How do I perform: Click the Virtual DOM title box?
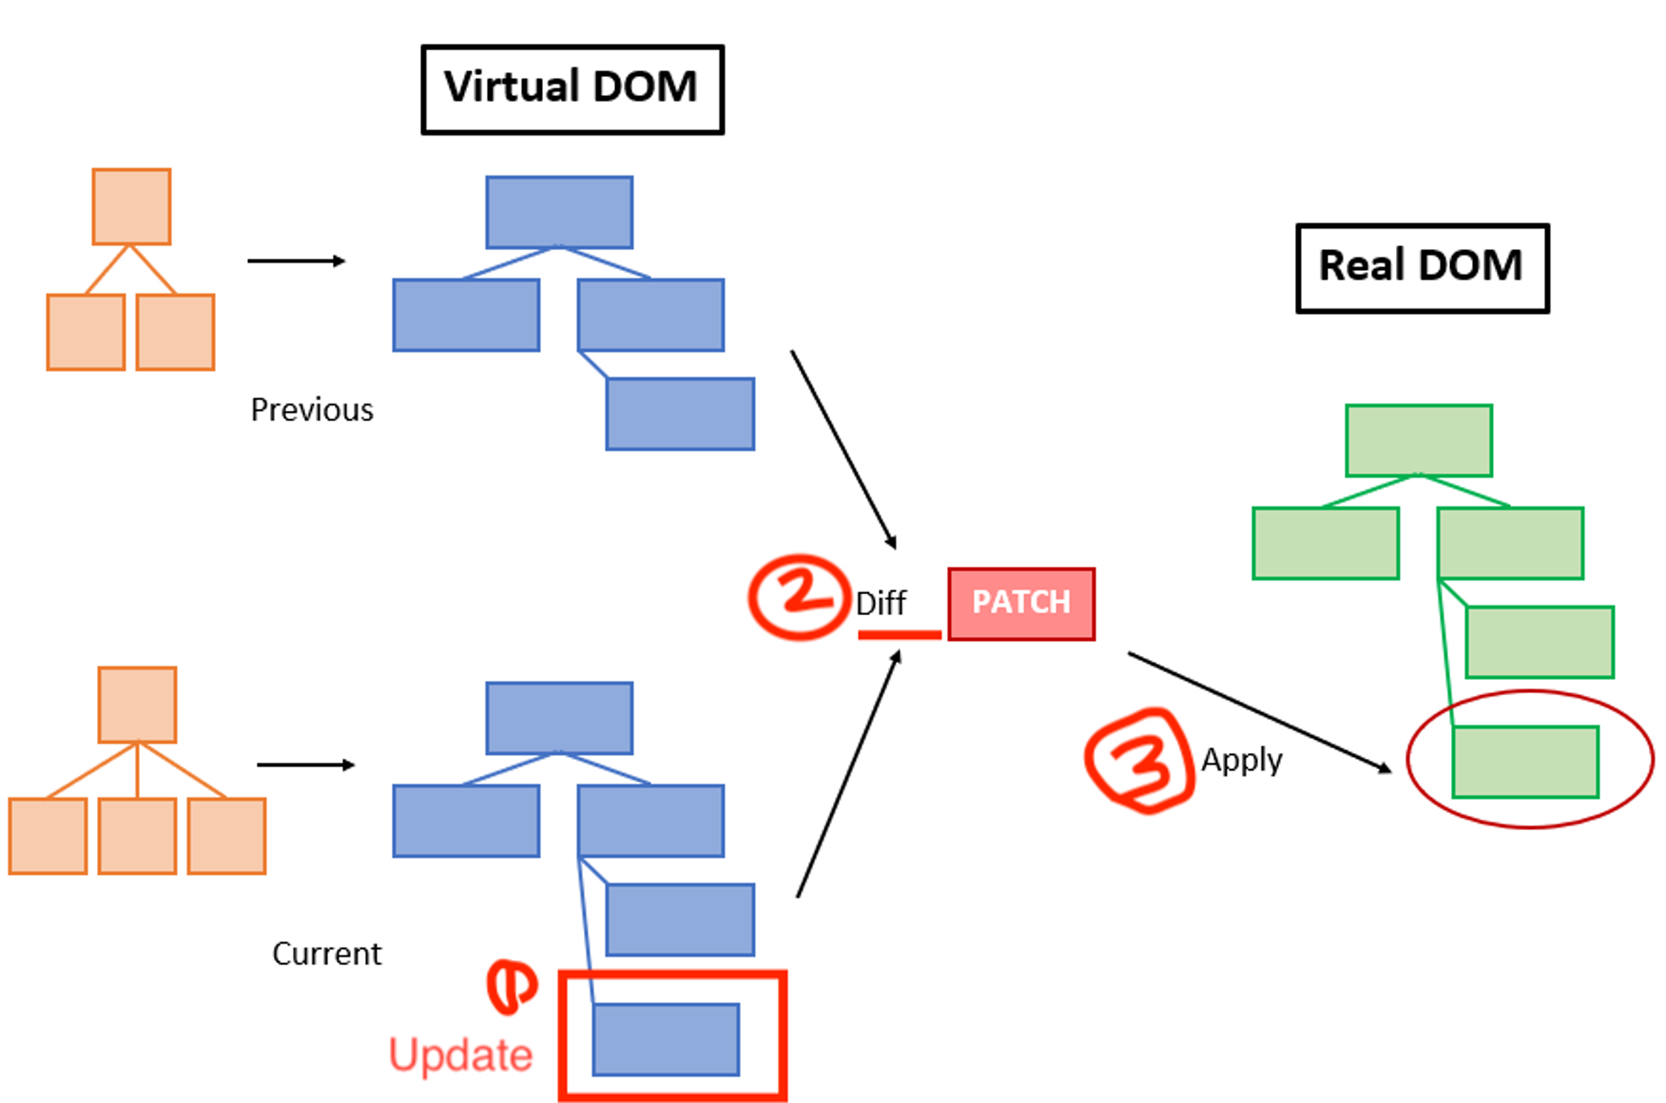[x=572, y=89]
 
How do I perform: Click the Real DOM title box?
[x=1422, y=267]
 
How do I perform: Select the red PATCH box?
[x=1021, y=603]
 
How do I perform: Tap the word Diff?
[x=881, y=603]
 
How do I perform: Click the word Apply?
[x=1241, y=760]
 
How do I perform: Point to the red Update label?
[x=460, y=1054]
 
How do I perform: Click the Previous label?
[x=311, y=409]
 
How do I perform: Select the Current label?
[x=326, y=954]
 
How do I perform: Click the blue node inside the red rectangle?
[x=665, y=1039]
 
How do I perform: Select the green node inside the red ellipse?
[x=1525, y=762]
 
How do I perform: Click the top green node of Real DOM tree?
[x=1419, y=440]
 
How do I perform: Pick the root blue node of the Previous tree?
[x=558, y=212]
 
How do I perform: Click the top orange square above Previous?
[x=131, y=206]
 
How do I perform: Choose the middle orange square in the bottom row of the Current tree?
[x=136, y=836]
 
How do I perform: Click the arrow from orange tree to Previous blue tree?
[x=296, y=261]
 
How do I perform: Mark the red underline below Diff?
[x=899, y=634]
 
